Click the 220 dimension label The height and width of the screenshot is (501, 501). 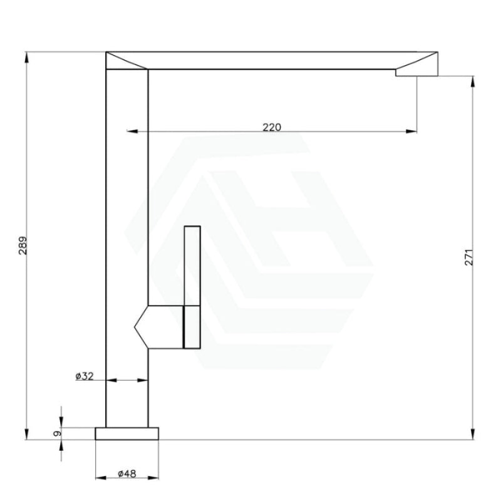[272, 127]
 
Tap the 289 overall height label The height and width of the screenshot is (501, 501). [23, 245]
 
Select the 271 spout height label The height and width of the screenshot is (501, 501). [468, 257]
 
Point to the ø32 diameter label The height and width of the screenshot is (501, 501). [85, 376]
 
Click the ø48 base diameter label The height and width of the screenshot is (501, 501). [127, 473]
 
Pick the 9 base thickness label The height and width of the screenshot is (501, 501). [57, 433]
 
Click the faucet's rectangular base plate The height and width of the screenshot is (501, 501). [127, 433]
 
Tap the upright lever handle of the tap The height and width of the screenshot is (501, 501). [192, 266]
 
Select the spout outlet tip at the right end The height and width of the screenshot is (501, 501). [416, 73]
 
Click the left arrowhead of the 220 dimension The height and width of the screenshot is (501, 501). [132, 131]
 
